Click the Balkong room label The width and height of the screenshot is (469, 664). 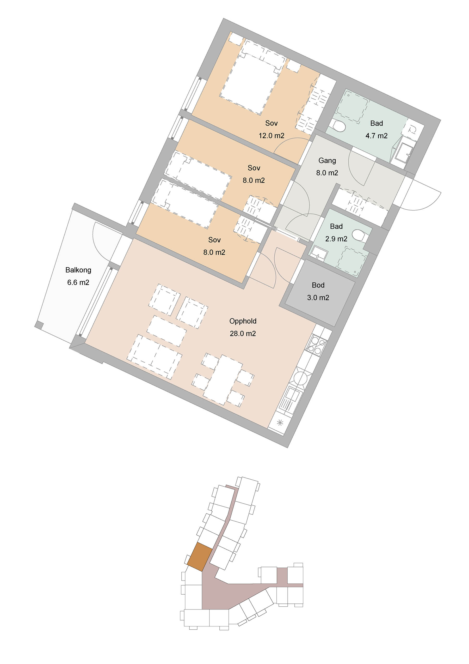click(78, 270)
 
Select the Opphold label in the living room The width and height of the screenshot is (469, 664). click(243, 321)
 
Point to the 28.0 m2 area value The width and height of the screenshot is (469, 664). click(243, 334)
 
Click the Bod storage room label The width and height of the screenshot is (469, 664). click(318, 285)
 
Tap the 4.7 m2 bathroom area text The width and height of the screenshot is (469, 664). click(377, 136)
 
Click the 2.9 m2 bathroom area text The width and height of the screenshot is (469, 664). click(336, 239)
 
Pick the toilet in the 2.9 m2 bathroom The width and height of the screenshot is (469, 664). click(360, 236)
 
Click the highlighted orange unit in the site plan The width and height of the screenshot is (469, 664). click(199, 557)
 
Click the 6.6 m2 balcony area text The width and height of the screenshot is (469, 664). click(78, 282)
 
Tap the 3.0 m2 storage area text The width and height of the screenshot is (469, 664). click(318, 298)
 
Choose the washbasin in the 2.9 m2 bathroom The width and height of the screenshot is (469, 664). click(319, 253)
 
